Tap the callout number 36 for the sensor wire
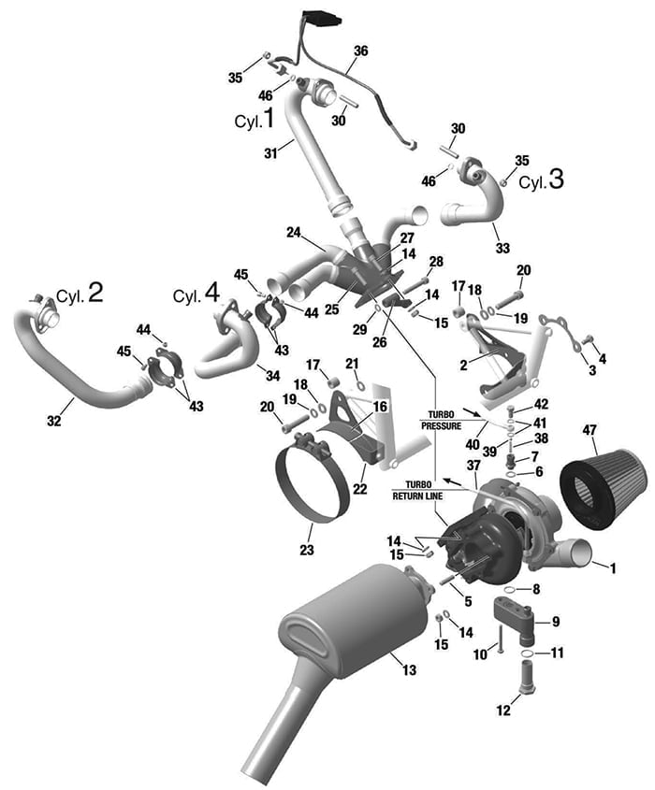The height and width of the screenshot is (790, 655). pos(361,50)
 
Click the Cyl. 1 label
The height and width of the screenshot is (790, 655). pos(254,120)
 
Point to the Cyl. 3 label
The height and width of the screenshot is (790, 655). pos(542,180)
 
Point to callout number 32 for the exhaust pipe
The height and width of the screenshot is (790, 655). pos(54,422)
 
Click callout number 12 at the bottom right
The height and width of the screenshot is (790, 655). pos(502,711)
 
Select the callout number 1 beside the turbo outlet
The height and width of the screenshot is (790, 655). pos(613,567)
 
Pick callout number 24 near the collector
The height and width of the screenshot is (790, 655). pos(293,232)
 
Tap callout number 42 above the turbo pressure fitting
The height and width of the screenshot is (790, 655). pos(543,404)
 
